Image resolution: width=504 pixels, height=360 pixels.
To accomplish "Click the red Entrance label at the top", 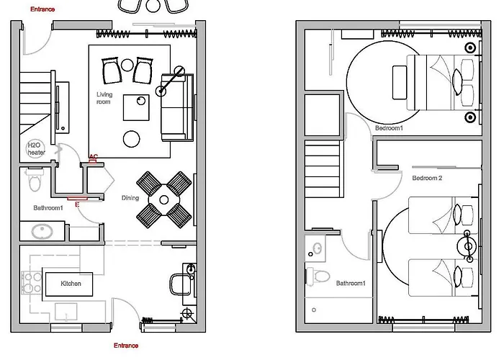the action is pyautogui.click(x=42, y=9).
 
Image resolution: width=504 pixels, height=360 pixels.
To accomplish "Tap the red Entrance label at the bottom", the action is pyautogui.click(x=126, y=346).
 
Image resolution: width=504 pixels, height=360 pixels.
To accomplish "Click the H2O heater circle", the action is pyautogui.click(x=36, y=149).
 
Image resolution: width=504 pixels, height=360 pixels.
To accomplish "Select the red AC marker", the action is pyautogui.click(x=93, y=157).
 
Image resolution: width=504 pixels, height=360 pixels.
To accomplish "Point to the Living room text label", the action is pyautogui.click(x=104, y=98).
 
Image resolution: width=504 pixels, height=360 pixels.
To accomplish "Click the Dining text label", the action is pyautogui.click(x=130, y=198).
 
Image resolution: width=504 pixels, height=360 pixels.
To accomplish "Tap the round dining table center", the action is pyautogui.click(x=164, y=200).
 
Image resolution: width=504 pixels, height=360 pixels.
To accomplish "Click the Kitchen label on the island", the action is pyautogui.click(x=71, y=284).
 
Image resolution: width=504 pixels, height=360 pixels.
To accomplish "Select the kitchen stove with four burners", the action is pyautogui.click(x=32, y=283).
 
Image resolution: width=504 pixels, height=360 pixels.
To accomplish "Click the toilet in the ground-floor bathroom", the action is pyautogui.click(x=35, y=179).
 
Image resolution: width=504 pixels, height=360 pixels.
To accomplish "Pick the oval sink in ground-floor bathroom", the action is pyautogui.click(x=42, y=231).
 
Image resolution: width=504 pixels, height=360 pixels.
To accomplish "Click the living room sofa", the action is pyautogui.click(x=177, y=107).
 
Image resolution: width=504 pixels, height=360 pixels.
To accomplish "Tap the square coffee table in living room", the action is pyautogui.click(x=136, y=107).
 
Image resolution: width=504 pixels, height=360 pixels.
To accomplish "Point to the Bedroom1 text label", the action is pyautogui.click(x=389, y=128).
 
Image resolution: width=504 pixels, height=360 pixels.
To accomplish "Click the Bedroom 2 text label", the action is pyautogui.click(x=427, y=178).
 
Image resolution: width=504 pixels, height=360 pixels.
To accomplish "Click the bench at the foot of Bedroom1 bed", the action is pyautogui.click(x=399, y=83).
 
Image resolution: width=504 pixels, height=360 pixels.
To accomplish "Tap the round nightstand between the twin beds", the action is pyautogui.click(x=469, y=246).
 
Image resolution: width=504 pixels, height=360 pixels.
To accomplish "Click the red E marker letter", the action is pyautogui.click(x=77, y=204).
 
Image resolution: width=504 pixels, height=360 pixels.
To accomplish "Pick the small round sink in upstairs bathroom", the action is pyautogui.click(x=318, y=248).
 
